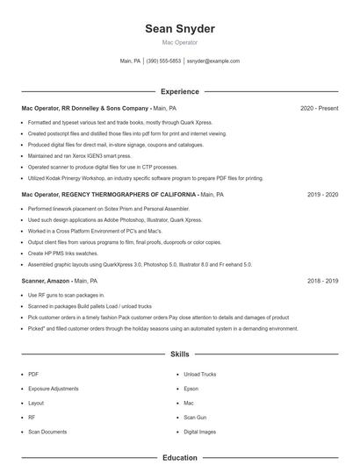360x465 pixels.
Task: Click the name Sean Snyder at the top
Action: pos(180,29)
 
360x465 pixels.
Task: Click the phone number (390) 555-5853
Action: pos(163,61)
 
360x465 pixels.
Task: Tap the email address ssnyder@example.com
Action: pos(213,61)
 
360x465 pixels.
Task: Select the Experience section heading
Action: pos(180,91)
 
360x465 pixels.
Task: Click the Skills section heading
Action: pos(180,354)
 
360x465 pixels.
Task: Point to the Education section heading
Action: pos(180,457)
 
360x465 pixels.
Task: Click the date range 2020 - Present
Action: pos(319,108)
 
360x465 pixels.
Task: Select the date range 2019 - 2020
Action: pos(322,195)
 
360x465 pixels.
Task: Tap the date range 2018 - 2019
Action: pos(322,281)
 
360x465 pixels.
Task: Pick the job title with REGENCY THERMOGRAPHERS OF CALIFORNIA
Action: pos(110,195)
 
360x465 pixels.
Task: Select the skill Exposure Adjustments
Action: pos(54,388)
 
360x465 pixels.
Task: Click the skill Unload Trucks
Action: pos(200,374)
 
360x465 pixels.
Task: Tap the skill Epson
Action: pos(191,388)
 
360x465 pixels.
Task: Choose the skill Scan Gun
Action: pos(196,418)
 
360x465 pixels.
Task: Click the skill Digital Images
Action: pos(200,432)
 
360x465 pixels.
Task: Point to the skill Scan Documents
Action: pos(47,432)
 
